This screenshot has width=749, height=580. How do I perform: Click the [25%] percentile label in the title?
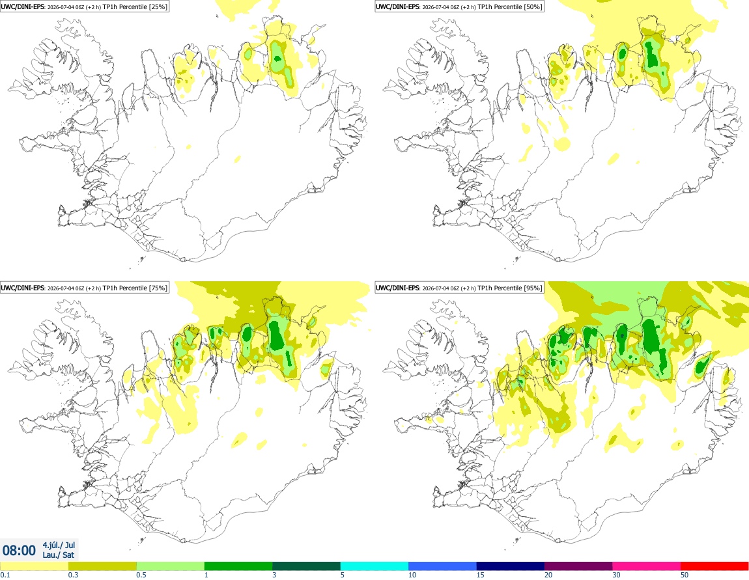click(158, 7)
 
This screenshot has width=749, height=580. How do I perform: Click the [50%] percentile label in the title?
click(533, 7)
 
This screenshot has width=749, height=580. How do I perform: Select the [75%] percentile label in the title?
click(158, 288)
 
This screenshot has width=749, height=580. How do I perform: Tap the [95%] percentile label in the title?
click(533, 288)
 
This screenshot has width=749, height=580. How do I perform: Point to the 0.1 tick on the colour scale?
click(5, 575)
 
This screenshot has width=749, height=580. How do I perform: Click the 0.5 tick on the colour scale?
click(141, 575)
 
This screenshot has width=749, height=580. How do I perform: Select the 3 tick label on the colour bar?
click(274, 575)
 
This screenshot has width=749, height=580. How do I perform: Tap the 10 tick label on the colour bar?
click(412, 575)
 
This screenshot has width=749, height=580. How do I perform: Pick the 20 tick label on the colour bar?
click(548, 575)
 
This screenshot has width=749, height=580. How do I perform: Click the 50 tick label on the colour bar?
click(685, 575)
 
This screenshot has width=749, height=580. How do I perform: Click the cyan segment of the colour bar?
click(374, 566)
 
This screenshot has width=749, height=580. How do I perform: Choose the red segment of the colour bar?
click(714, 566)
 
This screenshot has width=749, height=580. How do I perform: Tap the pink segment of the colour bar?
click(647, 566)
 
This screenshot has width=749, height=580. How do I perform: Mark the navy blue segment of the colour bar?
click(511, 566)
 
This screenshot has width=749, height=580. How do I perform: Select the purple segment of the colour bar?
click(578, 566)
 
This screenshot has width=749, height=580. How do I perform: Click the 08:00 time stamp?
click(19, 551)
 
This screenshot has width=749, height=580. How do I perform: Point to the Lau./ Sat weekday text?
click(58, 555)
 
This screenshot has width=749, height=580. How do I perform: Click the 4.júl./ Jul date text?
click(59, 545)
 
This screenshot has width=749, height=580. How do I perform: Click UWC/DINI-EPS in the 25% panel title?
click(22, 7)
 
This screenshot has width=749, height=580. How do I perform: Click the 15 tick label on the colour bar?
click(480, 575)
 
